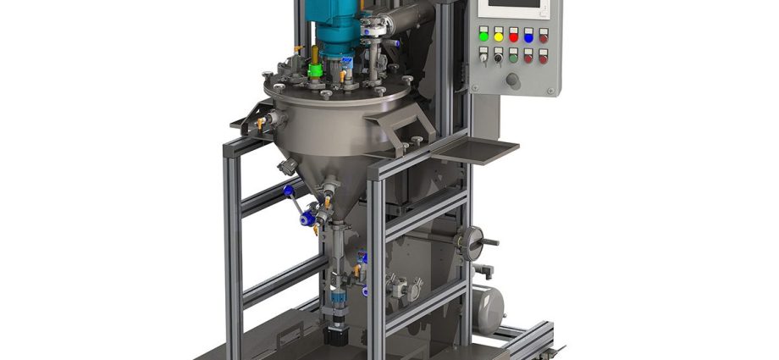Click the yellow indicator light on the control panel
click(x=499, y=36)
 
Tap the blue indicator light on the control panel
click(x=528, y=36)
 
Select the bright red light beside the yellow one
click(x=513, y=36)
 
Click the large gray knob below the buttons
click(x=512, y=80)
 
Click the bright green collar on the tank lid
click(x=315, y=71)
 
